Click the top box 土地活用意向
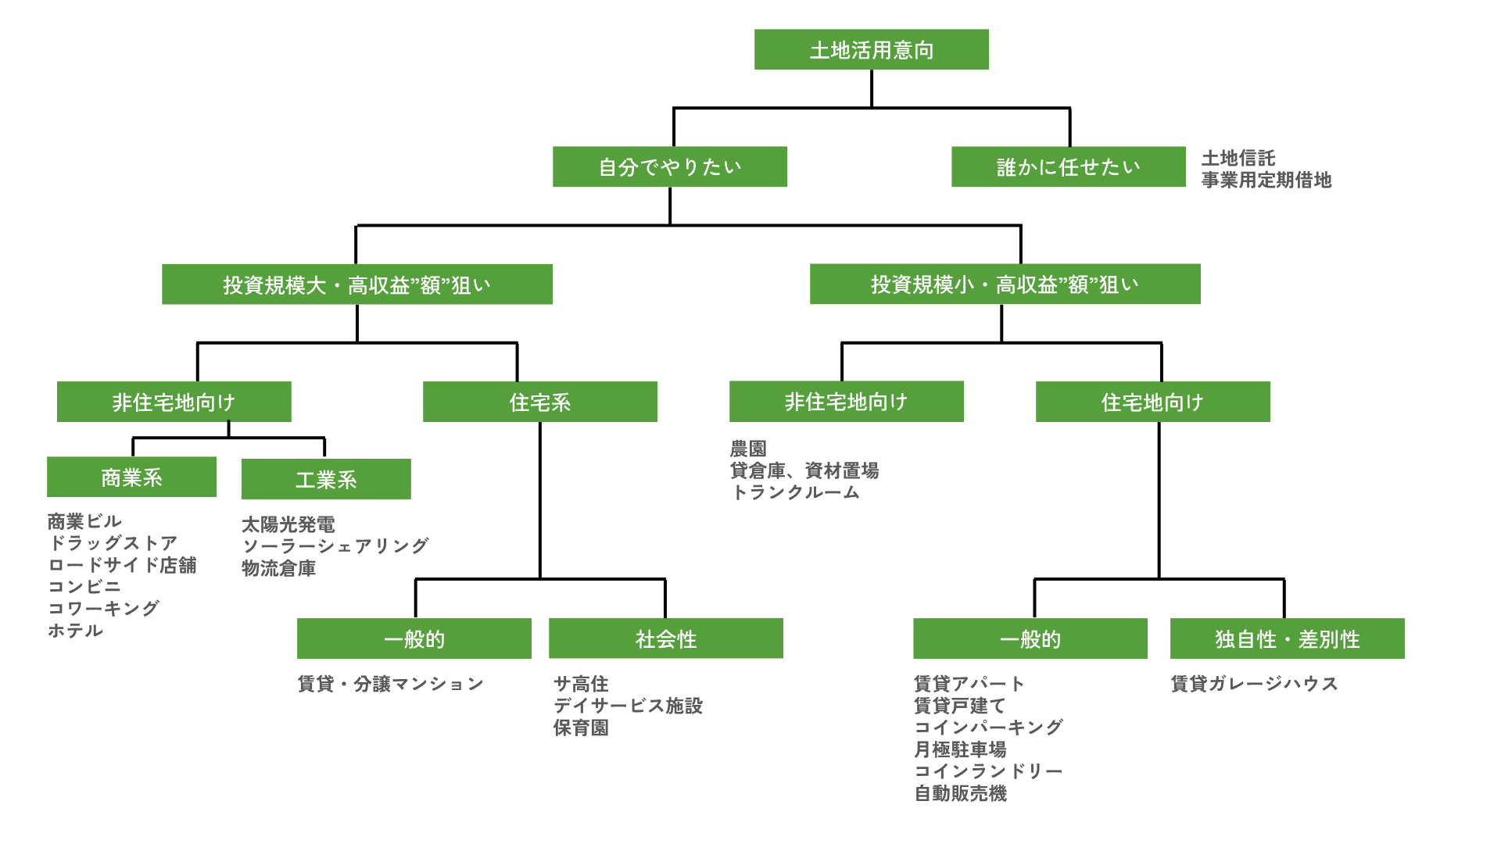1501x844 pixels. coord(872,50)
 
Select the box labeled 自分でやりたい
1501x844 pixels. coord(670,167)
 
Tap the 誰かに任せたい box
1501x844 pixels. coord(1069,167)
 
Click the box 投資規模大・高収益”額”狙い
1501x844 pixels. coord(357,284)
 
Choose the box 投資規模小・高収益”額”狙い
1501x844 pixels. coord(1005,284)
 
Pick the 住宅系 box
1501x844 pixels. coord(540,402)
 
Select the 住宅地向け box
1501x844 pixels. coord(1153,402)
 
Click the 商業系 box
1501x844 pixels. coord(132,477)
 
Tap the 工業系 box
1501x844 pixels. coord(326,479)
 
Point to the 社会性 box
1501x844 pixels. coord(666,639)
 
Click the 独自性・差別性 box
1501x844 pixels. coord(1287,639)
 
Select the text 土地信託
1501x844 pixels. coord(1238,159)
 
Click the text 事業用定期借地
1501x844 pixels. coord(1266,181)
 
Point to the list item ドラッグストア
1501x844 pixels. coord(113,543)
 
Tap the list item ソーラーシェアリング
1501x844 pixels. coord(335,546)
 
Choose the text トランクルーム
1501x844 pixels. coord(795,492)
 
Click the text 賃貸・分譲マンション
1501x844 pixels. coord(391,685)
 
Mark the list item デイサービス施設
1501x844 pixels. coord(628,706)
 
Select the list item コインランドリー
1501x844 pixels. coord(989,771)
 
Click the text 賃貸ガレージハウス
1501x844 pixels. coord(1254,685)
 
